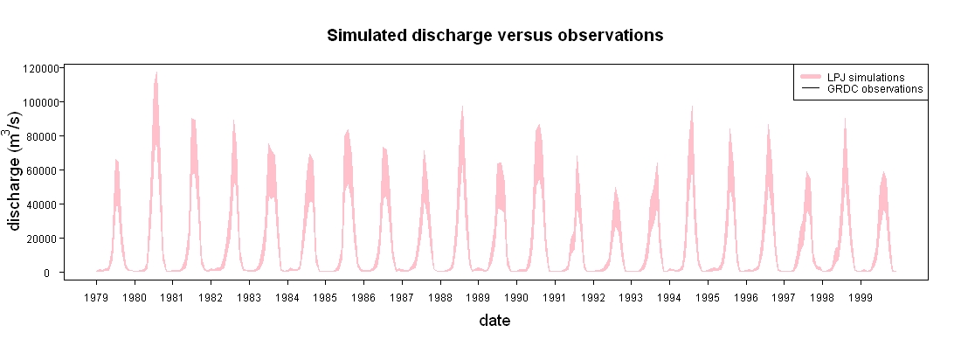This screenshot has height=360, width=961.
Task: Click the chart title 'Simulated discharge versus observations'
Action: (x=494, y=36)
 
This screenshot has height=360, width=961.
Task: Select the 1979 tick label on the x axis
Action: (x=96, y=297)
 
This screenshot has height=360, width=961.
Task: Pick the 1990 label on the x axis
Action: (x=516, y=297)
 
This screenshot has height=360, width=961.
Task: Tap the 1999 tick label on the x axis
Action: (x=861, y=297)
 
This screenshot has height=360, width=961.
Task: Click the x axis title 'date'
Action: (x=494, y=320)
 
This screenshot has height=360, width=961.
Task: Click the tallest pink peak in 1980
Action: (x=156, y=73)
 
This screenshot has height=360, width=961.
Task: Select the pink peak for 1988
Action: (x=462, y=106)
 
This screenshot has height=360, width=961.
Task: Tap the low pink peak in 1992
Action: (x=615, y=188)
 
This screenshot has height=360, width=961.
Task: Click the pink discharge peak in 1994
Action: (x=692, y=107)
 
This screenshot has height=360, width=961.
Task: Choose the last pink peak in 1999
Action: (x=883, y=172)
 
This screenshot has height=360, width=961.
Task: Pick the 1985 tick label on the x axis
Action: (x=326, y=297)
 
